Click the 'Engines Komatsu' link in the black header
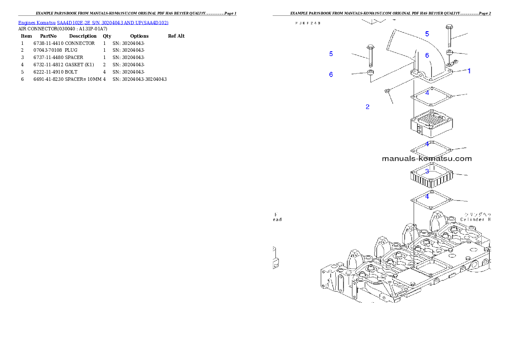point(37,22)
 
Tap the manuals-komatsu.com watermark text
point(426,159)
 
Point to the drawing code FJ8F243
point(308,23)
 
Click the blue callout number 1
point(469,71)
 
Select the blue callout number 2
point(367,107)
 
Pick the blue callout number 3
point(427,171)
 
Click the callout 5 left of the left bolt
point(331,54)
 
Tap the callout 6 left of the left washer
point(331,74)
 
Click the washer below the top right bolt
point(449,53)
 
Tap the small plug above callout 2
point(386,90)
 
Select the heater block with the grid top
point(429,124)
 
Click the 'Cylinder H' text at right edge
point(475,219)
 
